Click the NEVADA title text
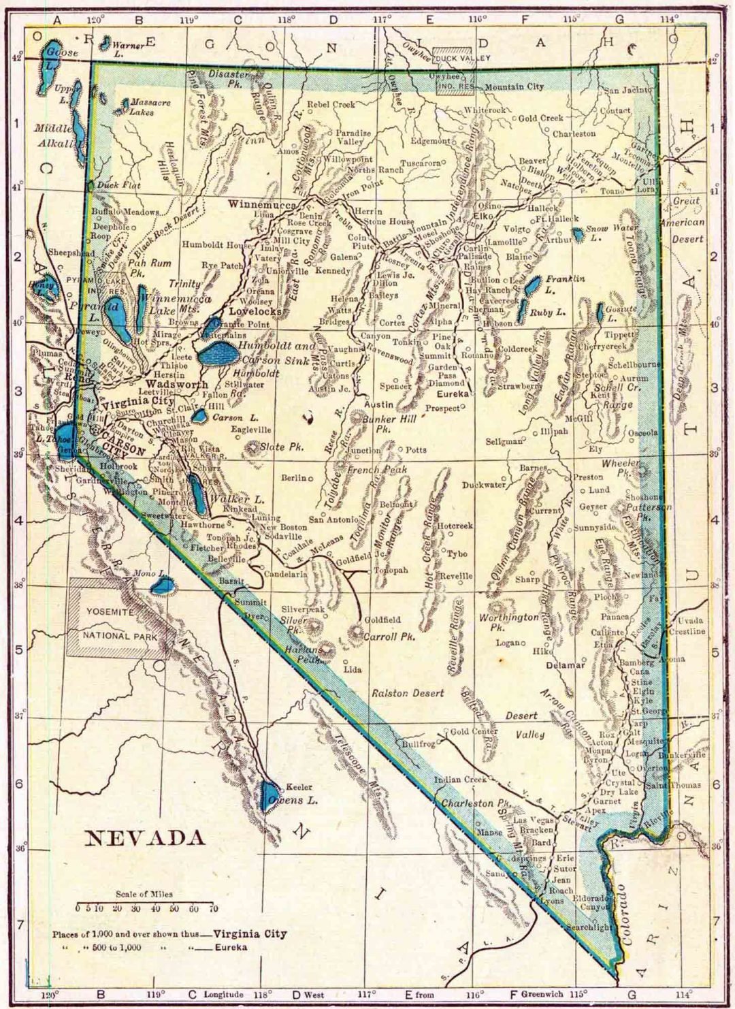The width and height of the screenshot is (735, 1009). click(x=144, y=837)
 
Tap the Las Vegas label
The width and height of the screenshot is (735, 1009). click(x=533, y=820)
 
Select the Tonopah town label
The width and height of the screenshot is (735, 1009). click(x=391, y=570)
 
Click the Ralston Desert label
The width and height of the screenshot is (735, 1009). click(x=408, y=693)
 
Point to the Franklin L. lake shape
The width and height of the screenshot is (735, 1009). click(x=533, y=286)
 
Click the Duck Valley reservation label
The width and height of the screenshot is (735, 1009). click(x=462, y=58)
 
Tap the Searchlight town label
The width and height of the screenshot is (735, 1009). click(x=589, y=927)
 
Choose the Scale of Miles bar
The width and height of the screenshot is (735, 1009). click(x=145, y=903)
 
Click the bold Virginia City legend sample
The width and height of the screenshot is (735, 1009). click(x=250, y=933)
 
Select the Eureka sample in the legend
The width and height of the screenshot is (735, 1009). click(x=231, y=947)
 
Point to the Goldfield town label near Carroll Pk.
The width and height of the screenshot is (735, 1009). click(x=382, y=620)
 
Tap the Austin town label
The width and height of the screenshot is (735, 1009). click(x=378, y=404)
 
